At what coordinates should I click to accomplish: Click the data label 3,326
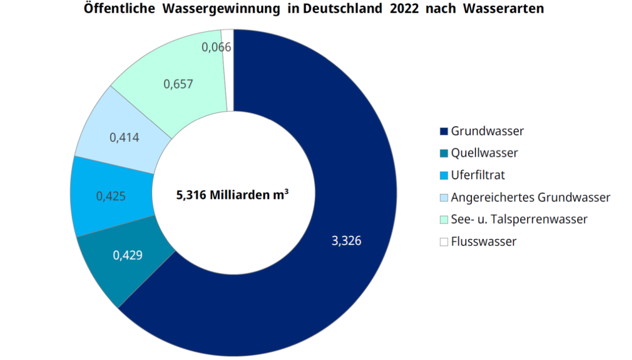347,241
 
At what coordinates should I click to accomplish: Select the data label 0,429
127,255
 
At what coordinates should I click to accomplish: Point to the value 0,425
111,196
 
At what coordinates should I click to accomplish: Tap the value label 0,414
124,138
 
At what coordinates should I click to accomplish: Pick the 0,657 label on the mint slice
177,84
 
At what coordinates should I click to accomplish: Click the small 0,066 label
216,47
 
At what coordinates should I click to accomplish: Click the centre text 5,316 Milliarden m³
232,195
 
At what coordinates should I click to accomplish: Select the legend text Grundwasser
487,131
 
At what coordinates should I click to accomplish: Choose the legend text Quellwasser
484,153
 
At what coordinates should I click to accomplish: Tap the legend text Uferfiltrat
478,175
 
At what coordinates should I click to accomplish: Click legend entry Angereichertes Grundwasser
530,197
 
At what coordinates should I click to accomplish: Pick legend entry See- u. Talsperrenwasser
519,219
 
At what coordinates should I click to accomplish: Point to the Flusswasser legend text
483,242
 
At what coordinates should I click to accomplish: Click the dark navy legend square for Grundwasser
443,131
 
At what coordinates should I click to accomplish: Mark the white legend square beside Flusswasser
443,242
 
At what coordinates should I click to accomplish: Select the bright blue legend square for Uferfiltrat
443,176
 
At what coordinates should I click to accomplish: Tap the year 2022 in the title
400,9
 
